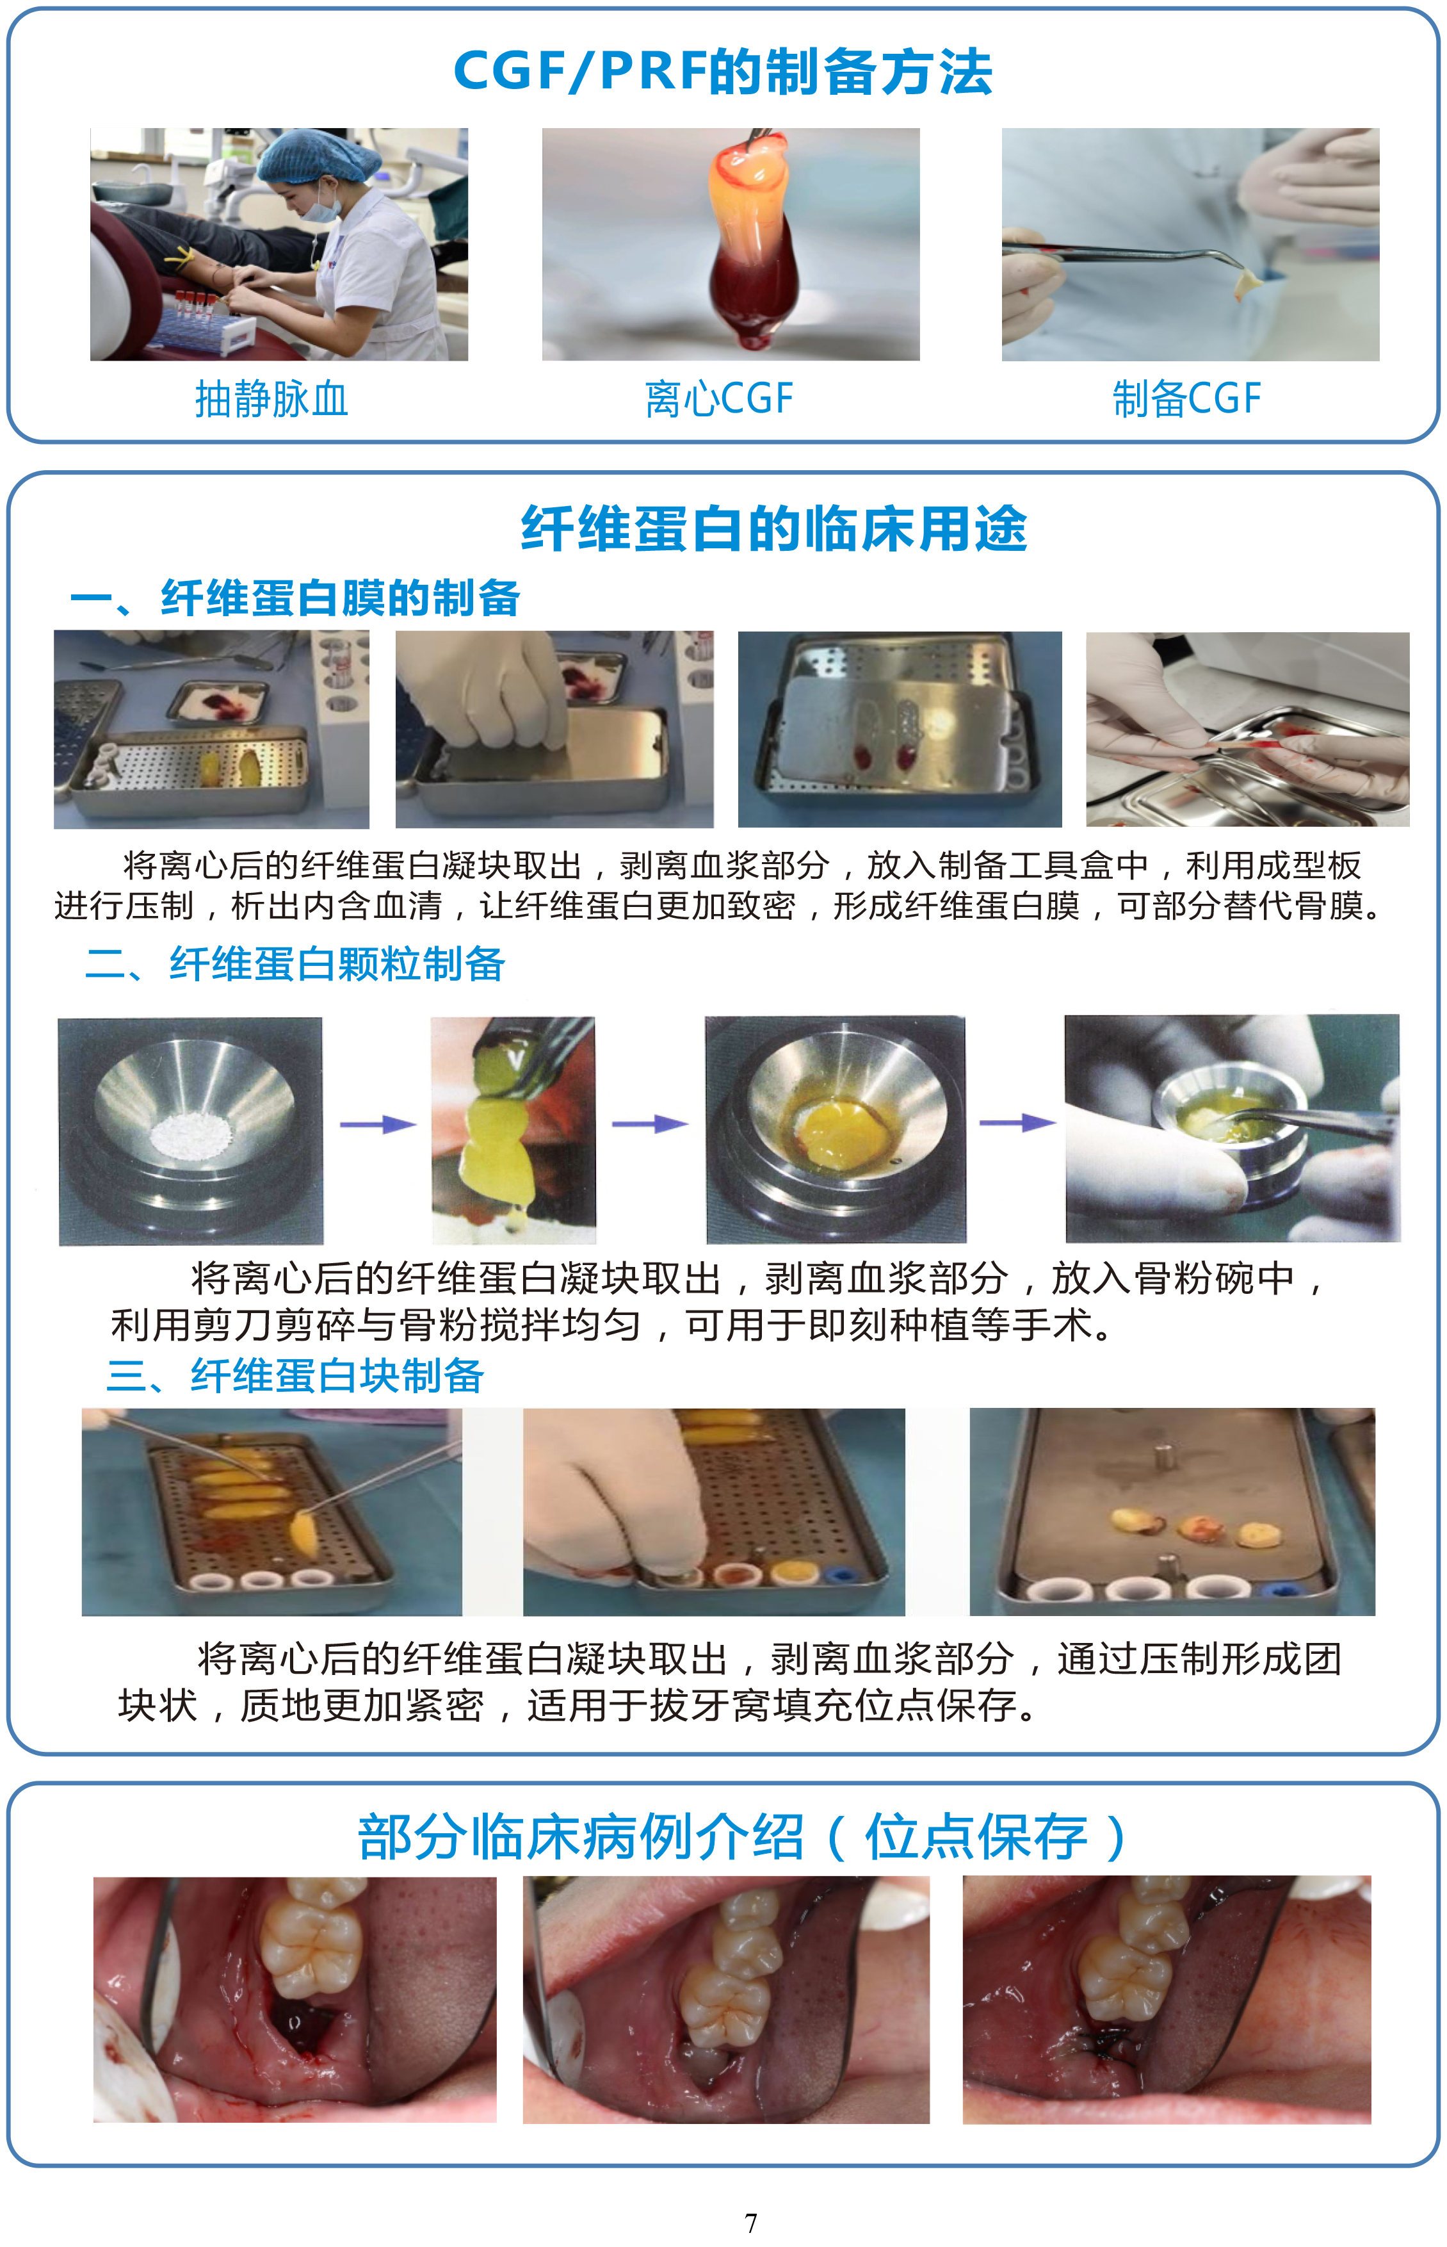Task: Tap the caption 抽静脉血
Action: pos(271,398)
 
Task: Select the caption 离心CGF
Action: pos(719,398)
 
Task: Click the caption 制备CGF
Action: pos(1186,398)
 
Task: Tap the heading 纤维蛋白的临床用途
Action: pos(773,528)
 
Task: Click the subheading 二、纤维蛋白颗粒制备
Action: pos(295,963)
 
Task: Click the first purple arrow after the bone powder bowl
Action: pos(378,1124)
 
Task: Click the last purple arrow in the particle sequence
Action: pos(1017,1122)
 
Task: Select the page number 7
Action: pos(751,2223)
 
